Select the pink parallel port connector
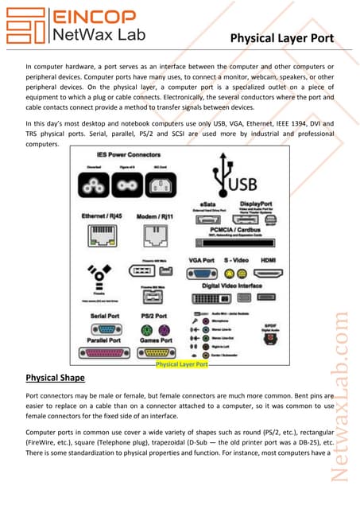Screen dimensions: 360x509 pyautogui.click(x=101, y=351)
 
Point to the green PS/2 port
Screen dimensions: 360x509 pyautogui.click(x=145, y=327)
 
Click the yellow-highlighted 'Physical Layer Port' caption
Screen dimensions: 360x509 pyautogui.click(x=182, y=364)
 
